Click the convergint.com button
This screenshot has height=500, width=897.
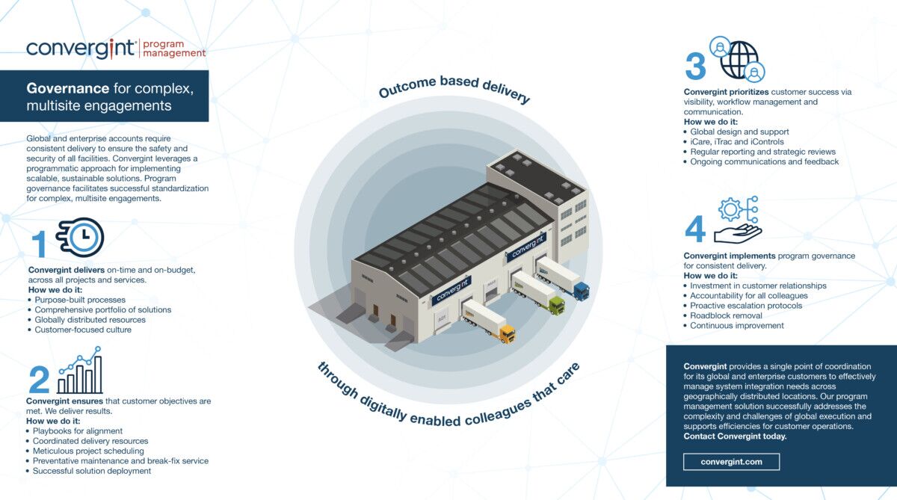click(731, 462)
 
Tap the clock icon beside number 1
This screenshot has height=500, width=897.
click(82, 236)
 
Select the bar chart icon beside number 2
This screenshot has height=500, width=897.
click(80, 371)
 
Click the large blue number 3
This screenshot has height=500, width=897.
click(695, 67)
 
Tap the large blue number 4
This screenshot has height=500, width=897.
click(695, 229)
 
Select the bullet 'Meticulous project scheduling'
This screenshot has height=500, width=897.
click(88, 451)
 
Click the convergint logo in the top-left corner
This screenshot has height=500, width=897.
click(81, 49)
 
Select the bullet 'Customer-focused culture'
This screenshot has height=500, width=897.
click(82, 330)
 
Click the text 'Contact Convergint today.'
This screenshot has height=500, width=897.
click(735, 436)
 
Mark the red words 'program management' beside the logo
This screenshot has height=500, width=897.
click(173, 49)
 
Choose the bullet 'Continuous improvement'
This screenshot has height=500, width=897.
click(736, 325)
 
